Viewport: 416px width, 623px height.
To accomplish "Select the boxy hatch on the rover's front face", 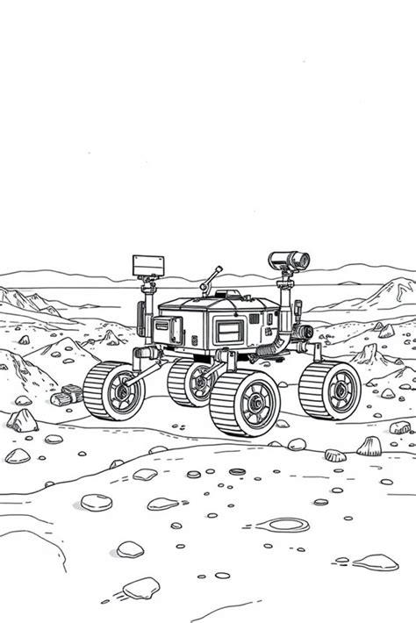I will [x=167, y=332].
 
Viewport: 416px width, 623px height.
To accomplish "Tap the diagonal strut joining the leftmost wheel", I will [x=140, y=360].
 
